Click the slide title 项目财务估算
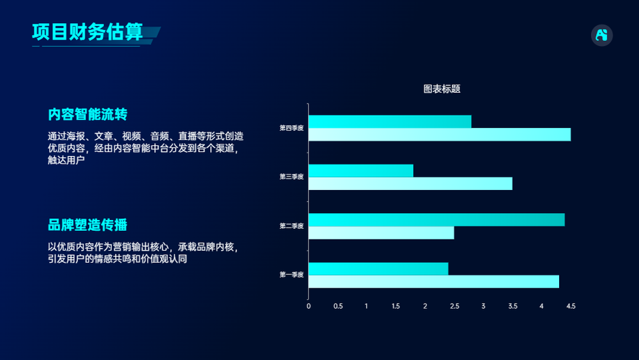click(88, 32)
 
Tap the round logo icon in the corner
click(601, 35)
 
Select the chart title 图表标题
click(442, 89)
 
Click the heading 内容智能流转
click(88, 114)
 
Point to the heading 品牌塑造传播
click(88, 224)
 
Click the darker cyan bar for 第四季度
click(390, 121)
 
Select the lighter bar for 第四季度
click(440, 134)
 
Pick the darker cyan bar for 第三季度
click(360, 171)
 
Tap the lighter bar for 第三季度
click(410, 184)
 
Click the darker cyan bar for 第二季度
click(436, 220)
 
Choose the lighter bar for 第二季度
click(381, 233)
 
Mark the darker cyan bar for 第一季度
click(378, 269)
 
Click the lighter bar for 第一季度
click(434, 282)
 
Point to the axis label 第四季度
click(291, 128)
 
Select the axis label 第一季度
click(291, 275)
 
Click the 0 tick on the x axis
click(309, 306)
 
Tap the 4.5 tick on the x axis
click(571, 306)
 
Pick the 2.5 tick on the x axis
click(454, 306)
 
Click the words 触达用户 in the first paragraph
click(66, 160)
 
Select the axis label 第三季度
click(291, 176)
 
